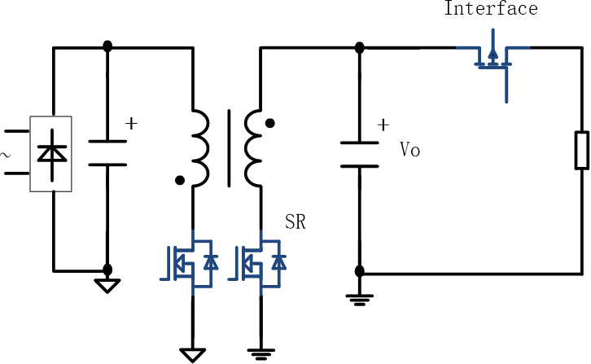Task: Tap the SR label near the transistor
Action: [x=295, y=221]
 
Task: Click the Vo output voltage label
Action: [x=409, y=151]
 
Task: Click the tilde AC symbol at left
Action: [x=6, y=152]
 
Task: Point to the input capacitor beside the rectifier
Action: [x=107, y=152]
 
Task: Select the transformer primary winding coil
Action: [x=199, y=147]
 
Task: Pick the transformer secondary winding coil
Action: [x=254, y=147]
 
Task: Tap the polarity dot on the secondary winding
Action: [x=270, y=125]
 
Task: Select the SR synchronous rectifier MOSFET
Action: [x=260, y=262]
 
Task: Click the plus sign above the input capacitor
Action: [x=131, y=124]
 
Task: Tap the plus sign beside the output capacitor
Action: [x=383, y=126]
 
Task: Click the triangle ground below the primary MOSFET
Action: [x=193, y=354]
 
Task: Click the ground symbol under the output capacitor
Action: [x=359, y=298]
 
